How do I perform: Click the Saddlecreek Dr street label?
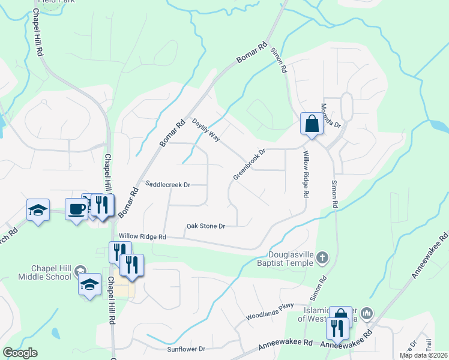[168, 185]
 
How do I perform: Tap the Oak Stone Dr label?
[205, 226]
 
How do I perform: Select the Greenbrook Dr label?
[249, 164]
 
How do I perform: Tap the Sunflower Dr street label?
[186, 349]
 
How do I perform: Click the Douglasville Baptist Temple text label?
[292, 259]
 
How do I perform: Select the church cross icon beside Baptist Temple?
[323, 258]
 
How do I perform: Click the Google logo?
[20, 353]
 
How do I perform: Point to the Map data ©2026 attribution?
[423, 355]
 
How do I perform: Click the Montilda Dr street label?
[330, 116]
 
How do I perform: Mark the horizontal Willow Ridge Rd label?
[142, 237]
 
